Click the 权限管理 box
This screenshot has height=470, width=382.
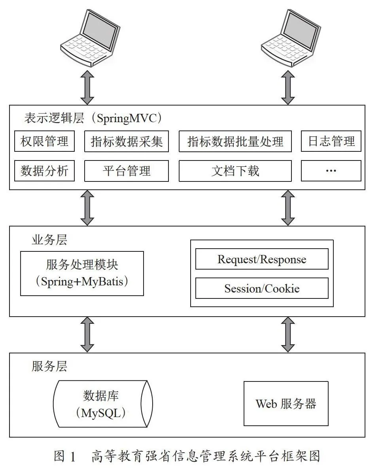point(44,141)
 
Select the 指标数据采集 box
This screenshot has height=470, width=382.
point(127,141)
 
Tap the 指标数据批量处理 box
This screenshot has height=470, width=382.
point(235,141)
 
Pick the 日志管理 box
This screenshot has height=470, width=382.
point(331,141)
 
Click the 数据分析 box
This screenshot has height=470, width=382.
point(44,170)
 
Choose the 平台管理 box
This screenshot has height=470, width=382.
point(127,170)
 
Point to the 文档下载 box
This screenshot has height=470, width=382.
point(235,170)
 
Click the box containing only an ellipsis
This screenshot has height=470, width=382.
point(331,170)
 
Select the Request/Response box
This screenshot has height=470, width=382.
point(262,259)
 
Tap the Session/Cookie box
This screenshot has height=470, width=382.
point(262,288)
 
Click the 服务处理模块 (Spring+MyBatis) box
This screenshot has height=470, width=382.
point(82,274)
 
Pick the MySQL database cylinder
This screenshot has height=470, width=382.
point(103,404)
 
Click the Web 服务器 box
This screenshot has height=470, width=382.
point(286,404)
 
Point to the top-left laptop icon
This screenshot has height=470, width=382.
point(90,38)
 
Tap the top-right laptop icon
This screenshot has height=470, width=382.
point(291,38)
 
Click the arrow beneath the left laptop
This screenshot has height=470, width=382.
point(87,87)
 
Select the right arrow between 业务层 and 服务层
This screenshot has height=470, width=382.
point(288,334)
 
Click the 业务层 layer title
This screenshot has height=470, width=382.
point(49,240)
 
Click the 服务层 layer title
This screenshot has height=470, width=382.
point(49,366)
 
